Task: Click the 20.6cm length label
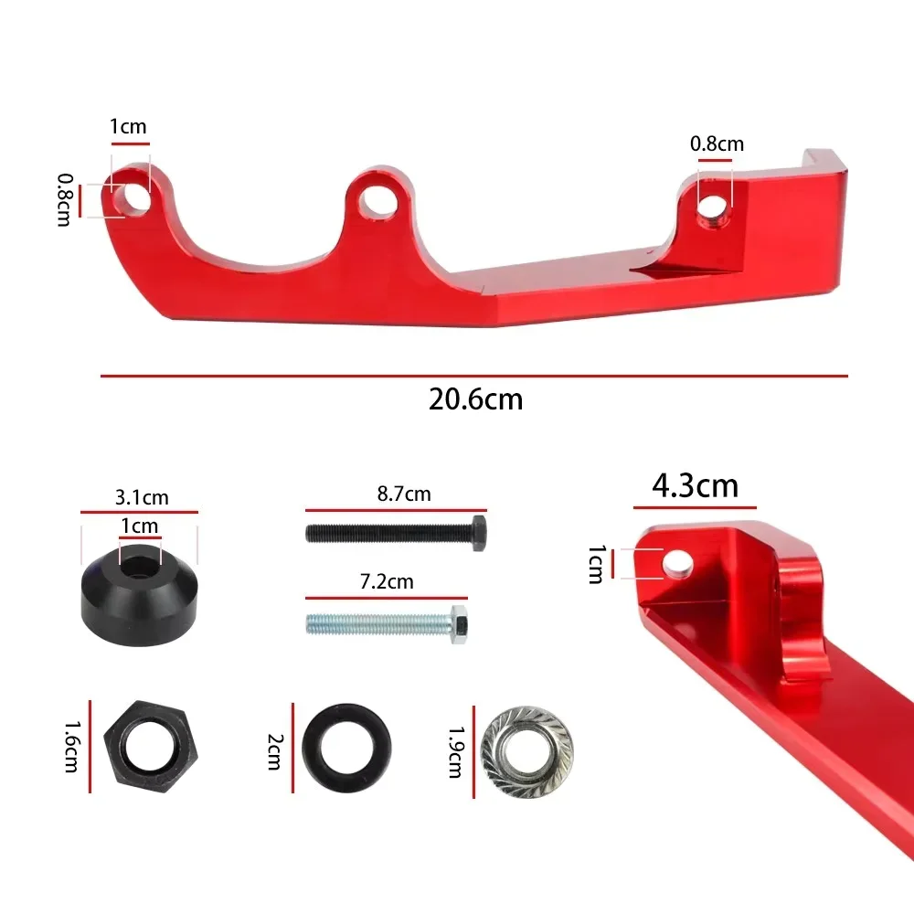(475, 399)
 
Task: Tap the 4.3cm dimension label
(695, 485)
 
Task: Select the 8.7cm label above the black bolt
(404, 494)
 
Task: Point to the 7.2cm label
(387, 581)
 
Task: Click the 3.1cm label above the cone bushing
(142, 498)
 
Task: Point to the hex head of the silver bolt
(461, 624)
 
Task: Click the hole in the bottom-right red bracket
(676, 565)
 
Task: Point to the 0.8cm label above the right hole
(717, 143)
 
